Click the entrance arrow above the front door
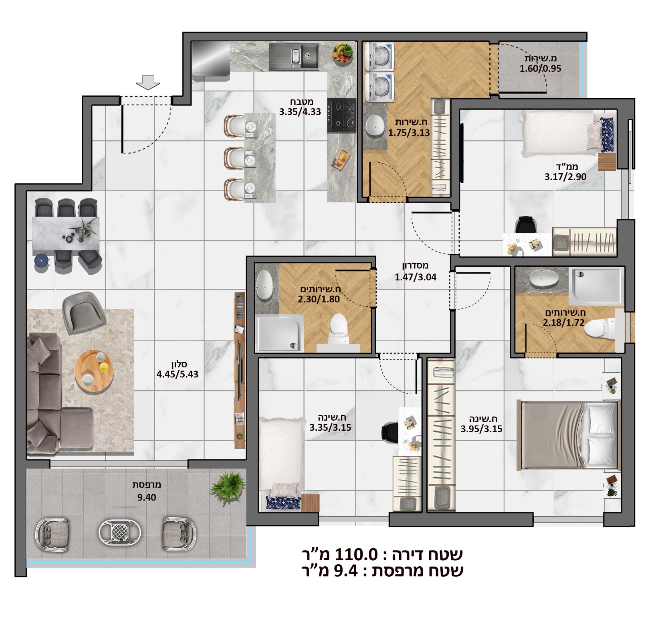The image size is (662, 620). (x=148, y=83)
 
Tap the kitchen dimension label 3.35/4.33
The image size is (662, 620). (x=300, y=112)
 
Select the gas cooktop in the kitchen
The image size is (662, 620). (x=341, y=116)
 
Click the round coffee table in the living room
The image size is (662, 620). (x=94, y=371)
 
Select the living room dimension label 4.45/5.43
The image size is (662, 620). (x=178, y=374)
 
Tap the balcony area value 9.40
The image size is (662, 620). (x=147, y=498)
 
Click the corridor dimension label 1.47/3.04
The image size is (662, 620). (x=416, y=277)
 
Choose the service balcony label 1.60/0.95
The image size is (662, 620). (x=540, y=69)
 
